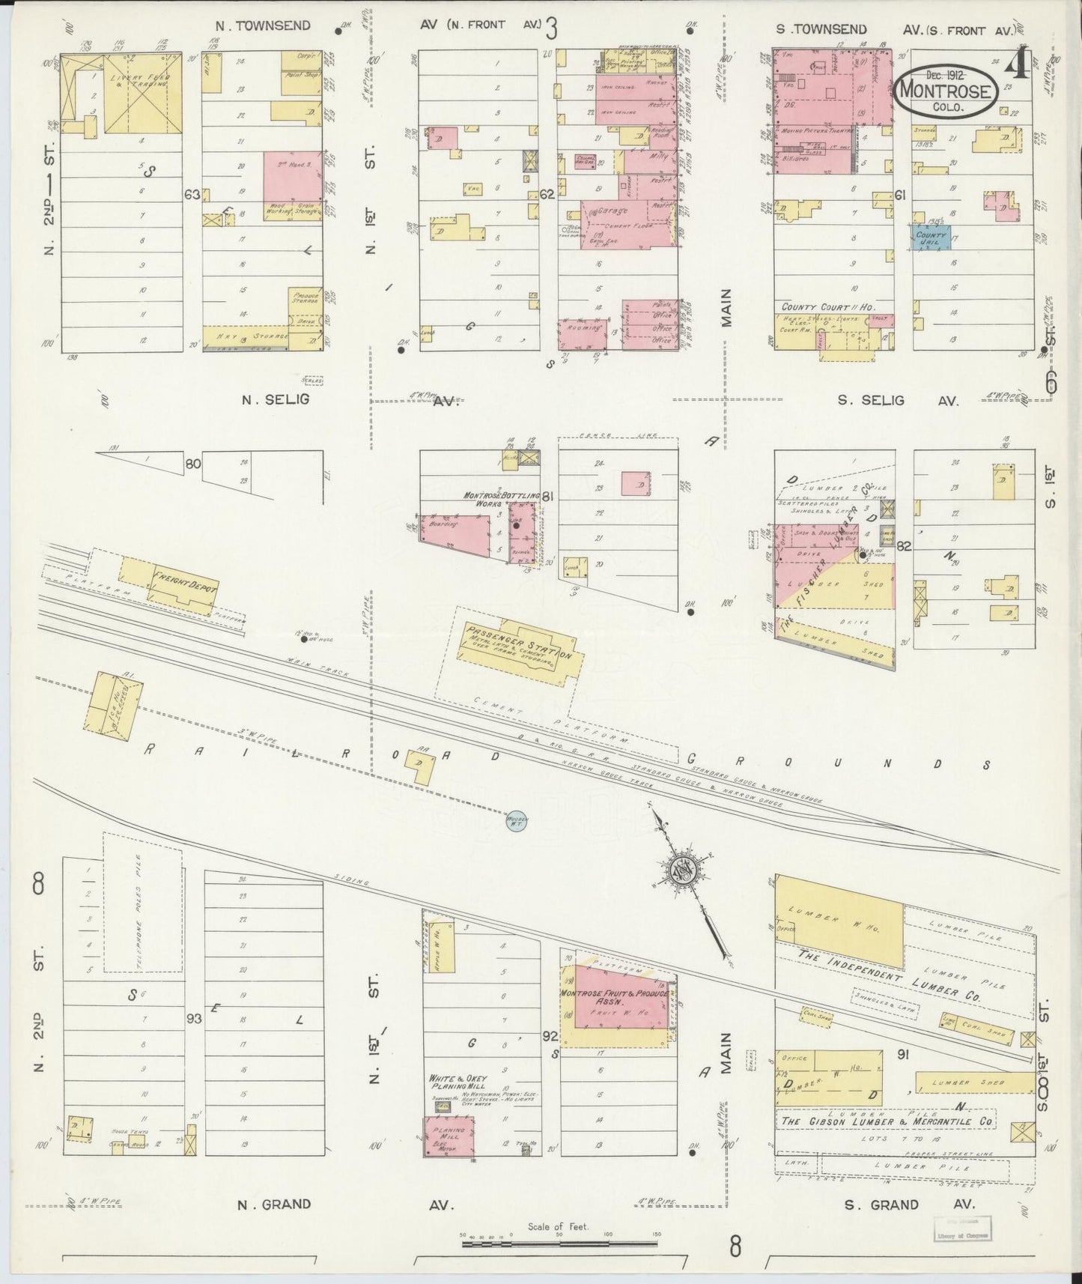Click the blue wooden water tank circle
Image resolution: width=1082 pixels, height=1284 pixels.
tap(517, 820)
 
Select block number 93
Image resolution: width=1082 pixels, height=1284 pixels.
tap(194, 1019)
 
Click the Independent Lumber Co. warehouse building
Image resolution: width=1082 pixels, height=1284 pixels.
tap(839, 921)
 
